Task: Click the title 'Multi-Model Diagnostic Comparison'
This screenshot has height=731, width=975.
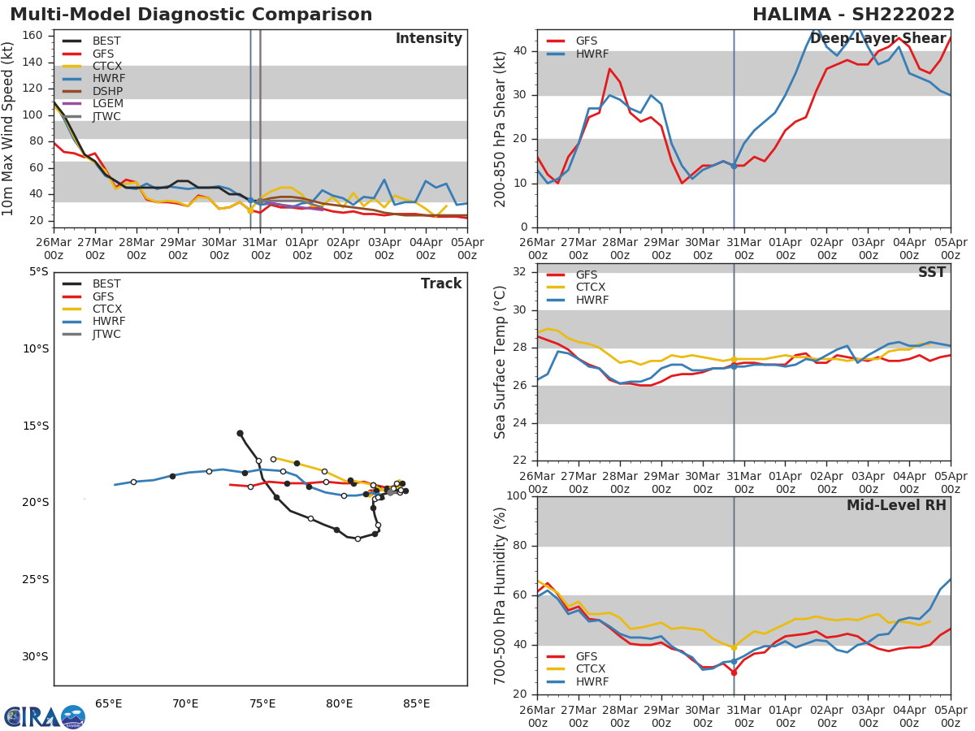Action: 191,15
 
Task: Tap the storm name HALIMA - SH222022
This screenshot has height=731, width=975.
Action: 853,15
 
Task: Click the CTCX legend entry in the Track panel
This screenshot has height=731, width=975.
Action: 106,309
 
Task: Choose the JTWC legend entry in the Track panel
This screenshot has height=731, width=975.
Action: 106,335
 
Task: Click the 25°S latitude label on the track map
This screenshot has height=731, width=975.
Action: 34,580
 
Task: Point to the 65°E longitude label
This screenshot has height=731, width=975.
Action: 109,703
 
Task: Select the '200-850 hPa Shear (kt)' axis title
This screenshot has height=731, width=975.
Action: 501,128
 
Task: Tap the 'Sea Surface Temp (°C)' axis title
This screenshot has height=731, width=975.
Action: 501,362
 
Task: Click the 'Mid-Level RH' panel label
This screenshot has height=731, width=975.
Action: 896,506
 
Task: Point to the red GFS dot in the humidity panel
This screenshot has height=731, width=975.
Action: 734,673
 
